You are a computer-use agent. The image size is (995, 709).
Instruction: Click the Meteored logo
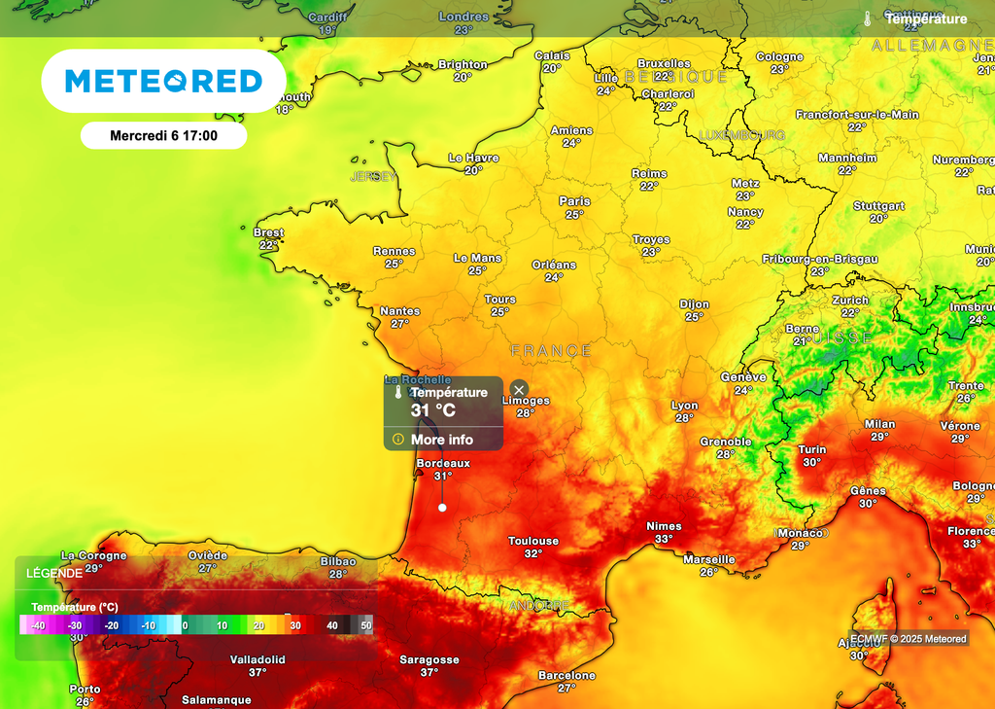tap(163, 82)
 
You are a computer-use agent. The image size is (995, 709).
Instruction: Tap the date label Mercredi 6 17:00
tap(163, 136)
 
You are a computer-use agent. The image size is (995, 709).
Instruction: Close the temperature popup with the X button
tap(519, 389)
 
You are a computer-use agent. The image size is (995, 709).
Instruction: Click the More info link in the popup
tap(441, 440)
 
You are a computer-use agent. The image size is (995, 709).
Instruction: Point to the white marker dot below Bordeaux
tap(442, 507)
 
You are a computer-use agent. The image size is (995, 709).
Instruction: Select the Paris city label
tap(574, 201)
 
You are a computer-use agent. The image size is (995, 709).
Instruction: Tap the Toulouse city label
tap(533, 541)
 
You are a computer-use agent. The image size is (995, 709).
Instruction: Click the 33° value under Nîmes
tap(664, 539)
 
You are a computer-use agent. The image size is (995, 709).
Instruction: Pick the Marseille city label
tap(708, 559)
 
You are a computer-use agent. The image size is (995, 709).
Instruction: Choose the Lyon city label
tap(684, 406)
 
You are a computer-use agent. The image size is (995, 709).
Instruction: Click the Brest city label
tap(268, 232)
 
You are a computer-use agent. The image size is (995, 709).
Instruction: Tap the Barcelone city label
tap(566, 675)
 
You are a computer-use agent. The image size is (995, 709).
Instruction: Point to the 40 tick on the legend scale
tap(332, 625)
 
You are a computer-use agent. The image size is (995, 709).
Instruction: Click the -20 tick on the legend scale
tap(112, 625)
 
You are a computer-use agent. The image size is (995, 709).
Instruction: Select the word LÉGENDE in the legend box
tap(53, 573)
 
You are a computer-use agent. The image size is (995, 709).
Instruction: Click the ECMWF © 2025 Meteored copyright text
tap(909, 639)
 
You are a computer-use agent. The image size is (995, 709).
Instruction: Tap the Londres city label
tap(463, 17)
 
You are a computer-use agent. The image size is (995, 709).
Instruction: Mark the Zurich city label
tap(850, 301)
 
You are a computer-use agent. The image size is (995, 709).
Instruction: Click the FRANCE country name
tap(551, 350)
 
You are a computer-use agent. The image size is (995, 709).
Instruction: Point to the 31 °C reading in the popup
tap(432, 410)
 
